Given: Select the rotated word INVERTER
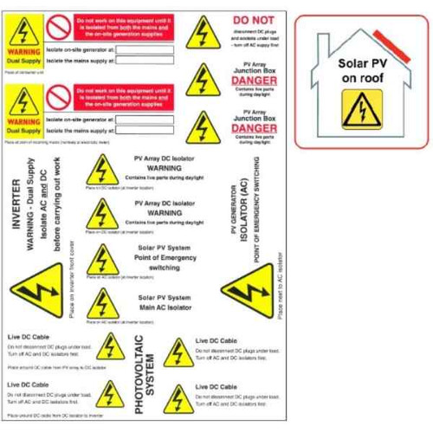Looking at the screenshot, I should coord(15,204).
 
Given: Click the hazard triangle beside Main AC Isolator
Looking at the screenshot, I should coord(103,301).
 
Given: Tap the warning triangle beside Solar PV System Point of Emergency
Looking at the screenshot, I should coord(103,258).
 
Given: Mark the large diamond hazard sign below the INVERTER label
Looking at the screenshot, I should coord(35,289).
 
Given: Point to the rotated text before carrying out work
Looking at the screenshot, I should coord(60,204).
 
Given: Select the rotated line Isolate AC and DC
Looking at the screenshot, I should coord(44,204).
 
